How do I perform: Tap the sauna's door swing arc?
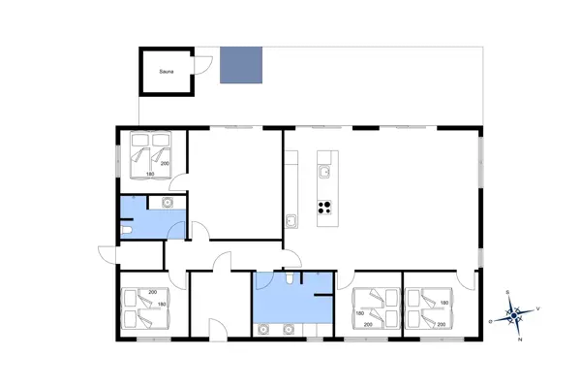pos(201,65)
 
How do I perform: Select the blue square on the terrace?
pos(241,65)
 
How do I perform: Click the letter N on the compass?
pos(520,340)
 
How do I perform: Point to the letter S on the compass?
pos(507,293)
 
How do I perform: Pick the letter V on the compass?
pos(538,308)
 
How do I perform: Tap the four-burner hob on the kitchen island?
pos(325,206)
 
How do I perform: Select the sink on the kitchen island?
pos(326,172)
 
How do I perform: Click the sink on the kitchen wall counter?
pos(290,220)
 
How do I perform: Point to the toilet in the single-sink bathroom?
pos(128,232)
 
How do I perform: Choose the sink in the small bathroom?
pos(168,203)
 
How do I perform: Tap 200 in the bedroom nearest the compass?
pos(443,325)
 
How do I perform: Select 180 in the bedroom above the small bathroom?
pos(150,175)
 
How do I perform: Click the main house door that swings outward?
pos(105,254)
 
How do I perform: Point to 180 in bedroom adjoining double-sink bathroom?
pos(360,313)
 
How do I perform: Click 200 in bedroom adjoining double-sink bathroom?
pos(368,325)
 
